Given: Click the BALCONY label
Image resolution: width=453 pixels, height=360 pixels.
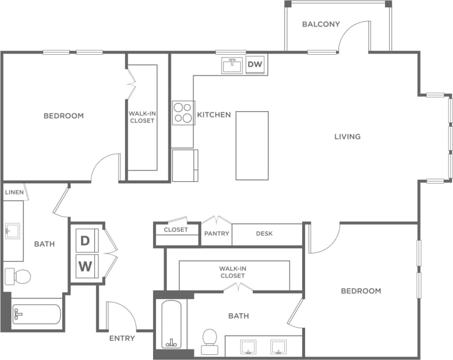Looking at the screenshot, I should coord(321,25).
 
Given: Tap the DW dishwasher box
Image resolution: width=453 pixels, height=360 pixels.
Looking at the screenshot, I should coord(255,65).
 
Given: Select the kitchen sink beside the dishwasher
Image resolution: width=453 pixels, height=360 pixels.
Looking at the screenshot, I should coord(233,65).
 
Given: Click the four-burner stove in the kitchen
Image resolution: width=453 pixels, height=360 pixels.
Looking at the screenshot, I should coord(184,112).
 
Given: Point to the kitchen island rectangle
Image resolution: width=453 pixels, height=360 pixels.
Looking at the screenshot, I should coord(252,145).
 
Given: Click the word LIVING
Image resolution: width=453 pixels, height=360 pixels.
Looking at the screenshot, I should coord(348,137).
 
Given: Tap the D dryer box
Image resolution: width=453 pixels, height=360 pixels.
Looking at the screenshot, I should coord(85,241).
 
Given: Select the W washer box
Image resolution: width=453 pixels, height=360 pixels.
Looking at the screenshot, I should coord(85,266).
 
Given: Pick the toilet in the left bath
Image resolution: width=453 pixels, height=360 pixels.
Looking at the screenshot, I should coord(18,276).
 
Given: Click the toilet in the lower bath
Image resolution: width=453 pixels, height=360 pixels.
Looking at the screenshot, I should coord(209,341).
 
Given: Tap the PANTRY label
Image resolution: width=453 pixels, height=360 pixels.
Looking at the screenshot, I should coord(217,234).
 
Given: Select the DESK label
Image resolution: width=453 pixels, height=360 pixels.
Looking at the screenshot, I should coord(264,234).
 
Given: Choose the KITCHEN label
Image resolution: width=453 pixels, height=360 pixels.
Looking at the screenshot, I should coord(214,115).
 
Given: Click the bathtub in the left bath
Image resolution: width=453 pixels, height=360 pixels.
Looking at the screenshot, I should coord(36,314).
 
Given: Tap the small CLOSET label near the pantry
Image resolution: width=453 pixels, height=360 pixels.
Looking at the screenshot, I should coord(176,230).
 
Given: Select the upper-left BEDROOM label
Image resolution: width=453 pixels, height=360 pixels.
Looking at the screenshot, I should coord(63,116).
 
